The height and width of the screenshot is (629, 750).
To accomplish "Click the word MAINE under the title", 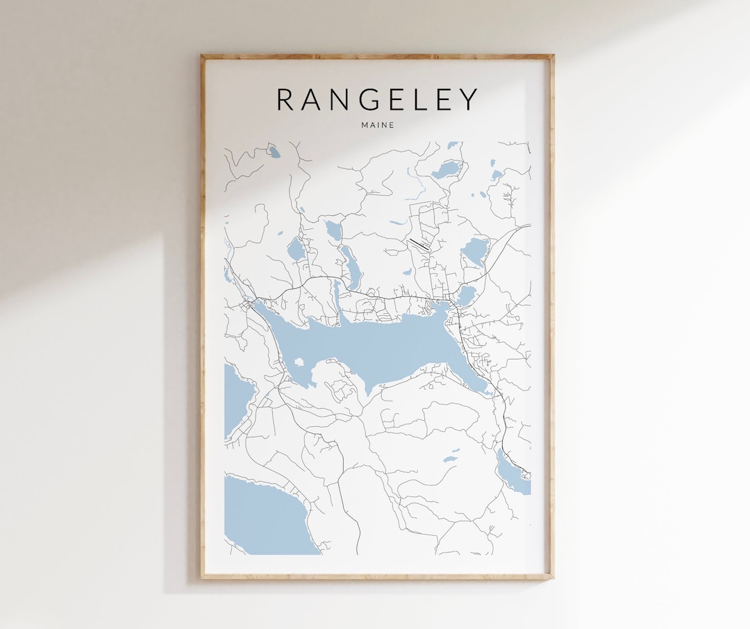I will click(x=377, y=125).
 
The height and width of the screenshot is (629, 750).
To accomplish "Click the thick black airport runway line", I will click(x=419, y=243).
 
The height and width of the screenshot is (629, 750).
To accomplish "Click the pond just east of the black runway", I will click(x=476, y=250).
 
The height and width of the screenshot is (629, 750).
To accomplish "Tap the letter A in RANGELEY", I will click(x=316, y=99).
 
